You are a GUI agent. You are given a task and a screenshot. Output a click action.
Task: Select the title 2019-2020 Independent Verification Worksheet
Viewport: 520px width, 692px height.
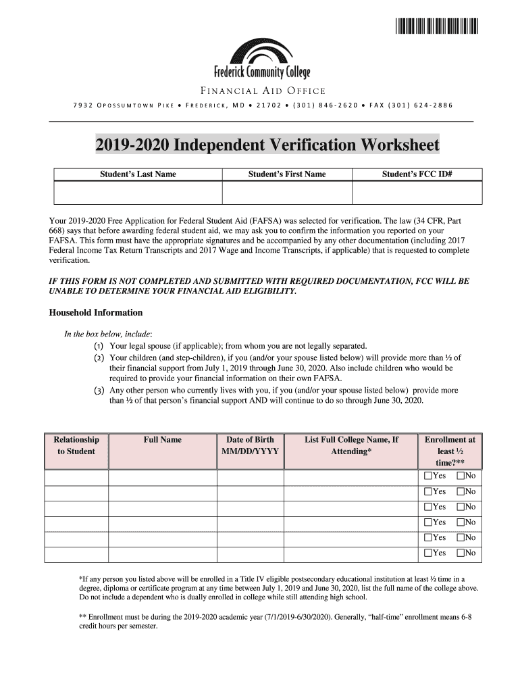(x=267, y=145)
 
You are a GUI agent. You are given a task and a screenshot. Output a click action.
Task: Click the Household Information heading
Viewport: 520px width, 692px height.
(x=96, y=313)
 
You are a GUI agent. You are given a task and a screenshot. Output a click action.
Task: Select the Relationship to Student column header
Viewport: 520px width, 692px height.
(x=76, y=445)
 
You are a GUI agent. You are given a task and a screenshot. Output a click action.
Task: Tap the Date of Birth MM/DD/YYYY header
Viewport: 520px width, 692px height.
(x=250, y=445)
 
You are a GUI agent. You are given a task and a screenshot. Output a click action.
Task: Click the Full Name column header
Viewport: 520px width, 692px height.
(x=162, y=440)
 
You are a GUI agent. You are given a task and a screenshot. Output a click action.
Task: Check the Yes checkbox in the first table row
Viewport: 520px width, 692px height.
(x=427, y=476)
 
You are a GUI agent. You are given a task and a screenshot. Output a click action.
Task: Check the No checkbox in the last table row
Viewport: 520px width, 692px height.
(x=461, y=553)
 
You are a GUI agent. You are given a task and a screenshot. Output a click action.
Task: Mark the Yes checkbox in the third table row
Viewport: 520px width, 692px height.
(x=427, y=507)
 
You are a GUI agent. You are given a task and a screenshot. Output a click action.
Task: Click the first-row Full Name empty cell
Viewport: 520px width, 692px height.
(x=162, y=476)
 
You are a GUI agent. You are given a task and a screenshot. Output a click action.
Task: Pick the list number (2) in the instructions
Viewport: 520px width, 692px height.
(x=99, y=357)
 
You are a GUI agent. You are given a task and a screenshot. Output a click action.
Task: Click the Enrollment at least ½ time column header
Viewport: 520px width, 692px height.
(x=450, y=451)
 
